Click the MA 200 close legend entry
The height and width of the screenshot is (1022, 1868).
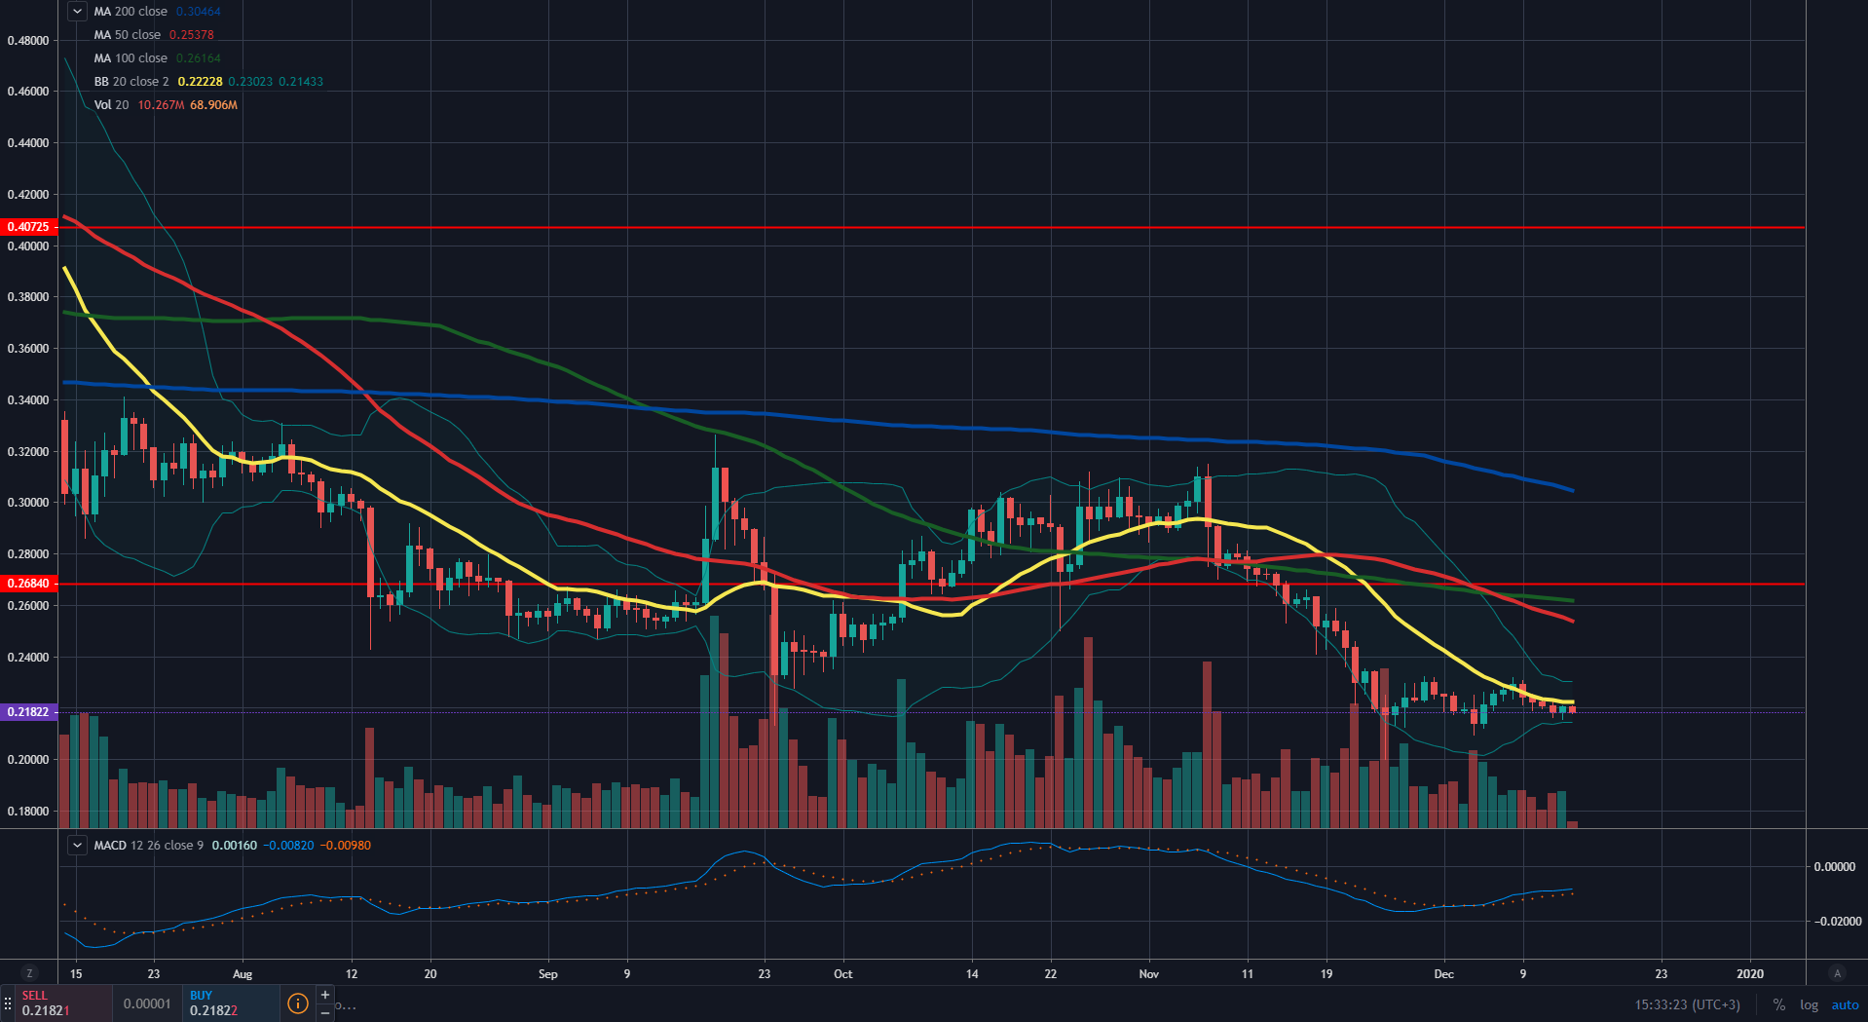click(x=131, y=12)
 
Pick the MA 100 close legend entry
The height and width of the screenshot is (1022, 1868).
click(x=131, y=58)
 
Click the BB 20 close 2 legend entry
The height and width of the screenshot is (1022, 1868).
click(x=131, y=82)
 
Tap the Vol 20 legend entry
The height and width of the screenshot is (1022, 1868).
click(x=111, y=105)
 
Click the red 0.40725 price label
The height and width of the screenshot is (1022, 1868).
click(x=28, y=227)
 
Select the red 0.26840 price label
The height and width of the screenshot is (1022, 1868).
click(x=28, y=584)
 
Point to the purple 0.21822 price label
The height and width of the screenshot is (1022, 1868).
click(x=28, y=712)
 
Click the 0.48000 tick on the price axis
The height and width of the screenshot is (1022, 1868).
click(x=28, y=41)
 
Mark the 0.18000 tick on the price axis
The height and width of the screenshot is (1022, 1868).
click(x=28, y=812)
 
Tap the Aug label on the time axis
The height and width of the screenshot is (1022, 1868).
click(x=243, y=974)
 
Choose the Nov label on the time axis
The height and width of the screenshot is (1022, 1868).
click(x=1149, y=974)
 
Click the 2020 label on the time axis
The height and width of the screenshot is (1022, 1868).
click(x=1750, y=974)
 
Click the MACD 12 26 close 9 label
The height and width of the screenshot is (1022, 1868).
click(x=149, y=846)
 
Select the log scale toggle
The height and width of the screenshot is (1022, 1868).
click(x=1809, y=1004)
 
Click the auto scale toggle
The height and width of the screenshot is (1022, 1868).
click(x=1845, y=1004)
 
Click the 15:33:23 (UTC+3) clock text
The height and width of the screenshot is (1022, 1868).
click(x=1687, y=1004)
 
